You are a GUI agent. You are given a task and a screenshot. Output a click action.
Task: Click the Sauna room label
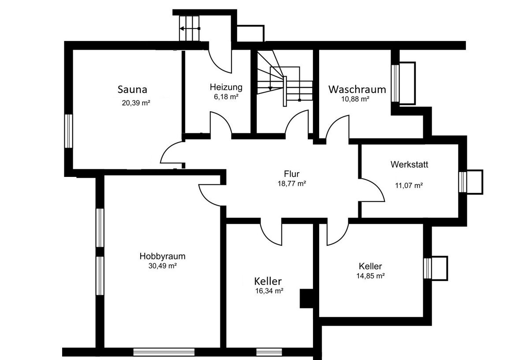[132, 90]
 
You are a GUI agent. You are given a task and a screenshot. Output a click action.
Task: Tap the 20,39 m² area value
[136, 103]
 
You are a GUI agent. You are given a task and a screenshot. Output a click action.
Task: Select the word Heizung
[226, 87]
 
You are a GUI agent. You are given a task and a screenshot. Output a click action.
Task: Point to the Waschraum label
[357, 90]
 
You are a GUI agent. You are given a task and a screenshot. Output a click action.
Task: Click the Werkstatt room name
[409, 165]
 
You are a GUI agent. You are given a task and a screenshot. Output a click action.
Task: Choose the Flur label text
[292, 174]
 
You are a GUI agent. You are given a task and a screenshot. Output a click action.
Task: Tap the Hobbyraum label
[163, 256]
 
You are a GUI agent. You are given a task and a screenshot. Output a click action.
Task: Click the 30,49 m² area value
[163, 266]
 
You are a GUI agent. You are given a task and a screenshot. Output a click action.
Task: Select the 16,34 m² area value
[269, 291]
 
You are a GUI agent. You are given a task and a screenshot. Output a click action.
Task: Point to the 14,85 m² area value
[371, 276]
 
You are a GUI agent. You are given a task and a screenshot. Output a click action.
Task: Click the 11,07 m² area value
[409, 186]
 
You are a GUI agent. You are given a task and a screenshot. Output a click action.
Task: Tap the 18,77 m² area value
[292, 184]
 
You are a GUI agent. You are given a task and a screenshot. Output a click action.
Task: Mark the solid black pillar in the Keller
[306, 299]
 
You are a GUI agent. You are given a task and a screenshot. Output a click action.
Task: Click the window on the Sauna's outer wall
[68, 131]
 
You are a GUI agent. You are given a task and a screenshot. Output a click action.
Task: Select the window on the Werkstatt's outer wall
[462, 182]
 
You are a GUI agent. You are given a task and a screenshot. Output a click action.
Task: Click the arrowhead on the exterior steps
[182, 29]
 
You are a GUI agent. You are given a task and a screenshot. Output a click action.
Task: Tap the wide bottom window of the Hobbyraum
[164, 352]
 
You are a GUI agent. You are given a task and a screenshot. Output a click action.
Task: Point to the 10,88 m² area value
[355, 99]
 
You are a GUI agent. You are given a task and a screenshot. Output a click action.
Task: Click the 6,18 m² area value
[226, 97]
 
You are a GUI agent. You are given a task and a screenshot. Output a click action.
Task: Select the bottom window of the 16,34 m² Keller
[269, 352]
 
